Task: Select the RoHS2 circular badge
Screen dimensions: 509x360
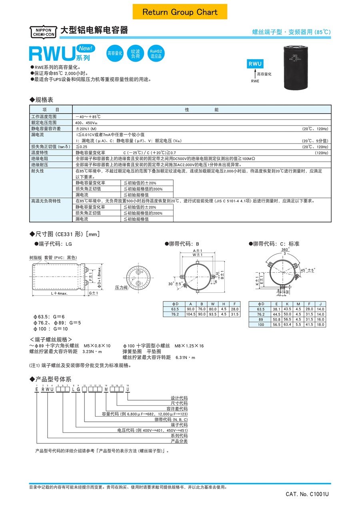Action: tap(156, 54)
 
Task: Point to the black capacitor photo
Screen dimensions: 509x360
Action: tap(298, 67)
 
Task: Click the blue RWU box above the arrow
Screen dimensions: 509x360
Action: tap(255, 64)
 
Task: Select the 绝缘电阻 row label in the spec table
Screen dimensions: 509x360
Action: tap(40, 159)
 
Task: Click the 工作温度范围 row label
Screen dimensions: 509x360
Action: tap(44, 116)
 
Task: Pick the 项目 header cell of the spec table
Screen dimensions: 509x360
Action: tap(51, 110)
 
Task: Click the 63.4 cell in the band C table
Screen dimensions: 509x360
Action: tap(287, 325)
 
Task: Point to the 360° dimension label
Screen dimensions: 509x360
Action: tap(285, 249)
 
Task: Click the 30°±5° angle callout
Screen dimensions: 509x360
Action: tap(176, 283)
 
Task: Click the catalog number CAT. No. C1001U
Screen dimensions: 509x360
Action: tap(307, 494)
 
